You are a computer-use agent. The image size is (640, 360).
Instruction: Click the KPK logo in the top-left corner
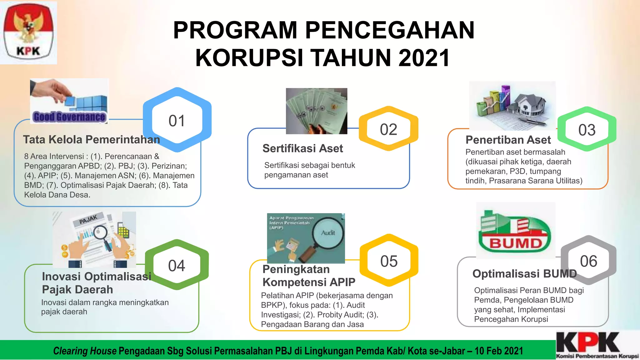click(28, 32)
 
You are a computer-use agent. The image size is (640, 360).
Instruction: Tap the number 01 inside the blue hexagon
click(177, 121)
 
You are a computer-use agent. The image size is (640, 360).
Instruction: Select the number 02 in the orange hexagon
click(388, 129)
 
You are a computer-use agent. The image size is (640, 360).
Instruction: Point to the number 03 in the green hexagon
click(587, 130)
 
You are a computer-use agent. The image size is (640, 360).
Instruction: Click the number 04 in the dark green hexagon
click(177, 266)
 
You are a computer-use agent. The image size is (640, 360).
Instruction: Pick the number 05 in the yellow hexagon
click(389, 261)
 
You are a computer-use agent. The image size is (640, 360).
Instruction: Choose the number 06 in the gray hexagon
click(588, 261)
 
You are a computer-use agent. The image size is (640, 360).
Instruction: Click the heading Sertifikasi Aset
click(302, 148)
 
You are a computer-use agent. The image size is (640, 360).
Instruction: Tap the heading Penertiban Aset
click(508, 140)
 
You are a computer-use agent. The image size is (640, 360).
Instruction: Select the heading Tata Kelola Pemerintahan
click(91, 139)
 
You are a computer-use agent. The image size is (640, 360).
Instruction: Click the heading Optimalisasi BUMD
click(524, 273)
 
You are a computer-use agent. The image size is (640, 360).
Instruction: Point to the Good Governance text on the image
click(69, 117)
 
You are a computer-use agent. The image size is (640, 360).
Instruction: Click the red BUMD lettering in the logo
click(516, 243)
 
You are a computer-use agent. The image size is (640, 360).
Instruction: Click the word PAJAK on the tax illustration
click(88, 219)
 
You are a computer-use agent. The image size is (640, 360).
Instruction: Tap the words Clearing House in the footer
click(85, 351)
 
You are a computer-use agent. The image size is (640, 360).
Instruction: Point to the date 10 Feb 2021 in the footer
click(499, 351)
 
